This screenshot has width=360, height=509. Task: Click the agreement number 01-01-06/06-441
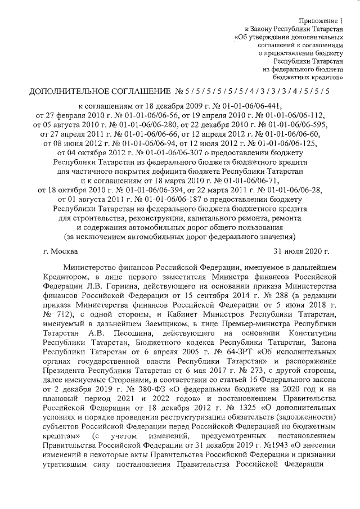(x=253, y=105)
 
